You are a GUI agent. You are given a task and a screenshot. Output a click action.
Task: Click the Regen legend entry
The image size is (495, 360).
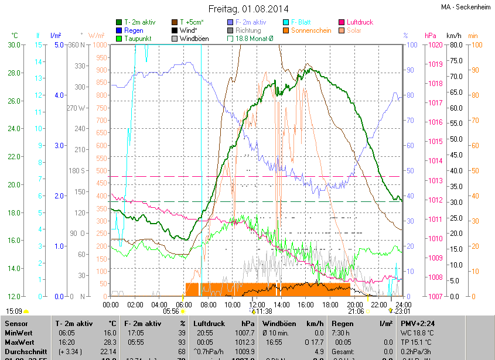[x=134, y=30]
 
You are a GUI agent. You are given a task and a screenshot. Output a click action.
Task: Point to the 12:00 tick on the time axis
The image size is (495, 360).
[x=257, y=304]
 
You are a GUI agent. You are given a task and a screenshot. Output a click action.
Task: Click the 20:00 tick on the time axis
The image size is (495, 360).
[x=354, y=304]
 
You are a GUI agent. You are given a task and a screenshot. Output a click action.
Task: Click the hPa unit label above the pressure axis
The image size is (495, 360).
[x=430, y=36]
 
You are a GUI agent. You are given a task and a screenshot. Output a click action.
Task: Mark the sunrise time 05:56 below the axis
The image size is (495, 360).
[x=170, y=311]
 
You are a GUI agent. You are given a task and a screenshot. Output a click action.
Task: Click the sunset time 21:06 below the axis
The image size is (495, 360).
[x=356, y=311]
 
